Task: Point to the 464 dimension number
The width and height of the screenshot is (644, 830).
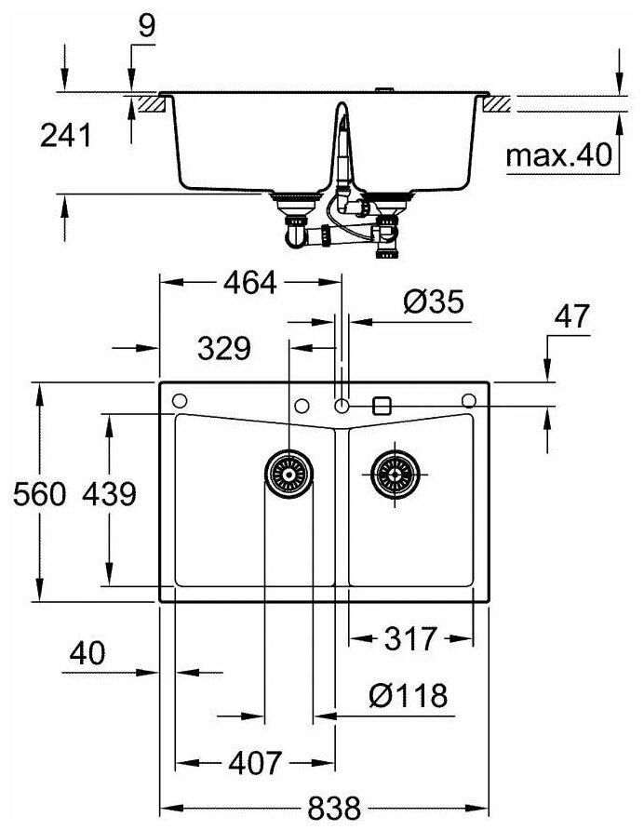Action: coord(249,283)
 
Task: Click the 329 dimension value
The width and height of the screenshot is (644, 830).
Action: coord(223,349)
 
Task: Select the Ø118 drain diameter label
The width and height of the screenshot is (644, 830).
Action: coord(407,695)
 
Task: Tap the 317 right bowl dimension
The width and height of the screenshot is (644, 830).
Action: coord(410,639)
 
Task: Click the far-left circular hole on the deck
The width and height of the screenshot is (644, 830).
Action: coord(181,401)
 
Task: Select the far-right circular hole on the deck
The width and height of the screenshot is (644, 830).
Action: coord(468,401)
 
